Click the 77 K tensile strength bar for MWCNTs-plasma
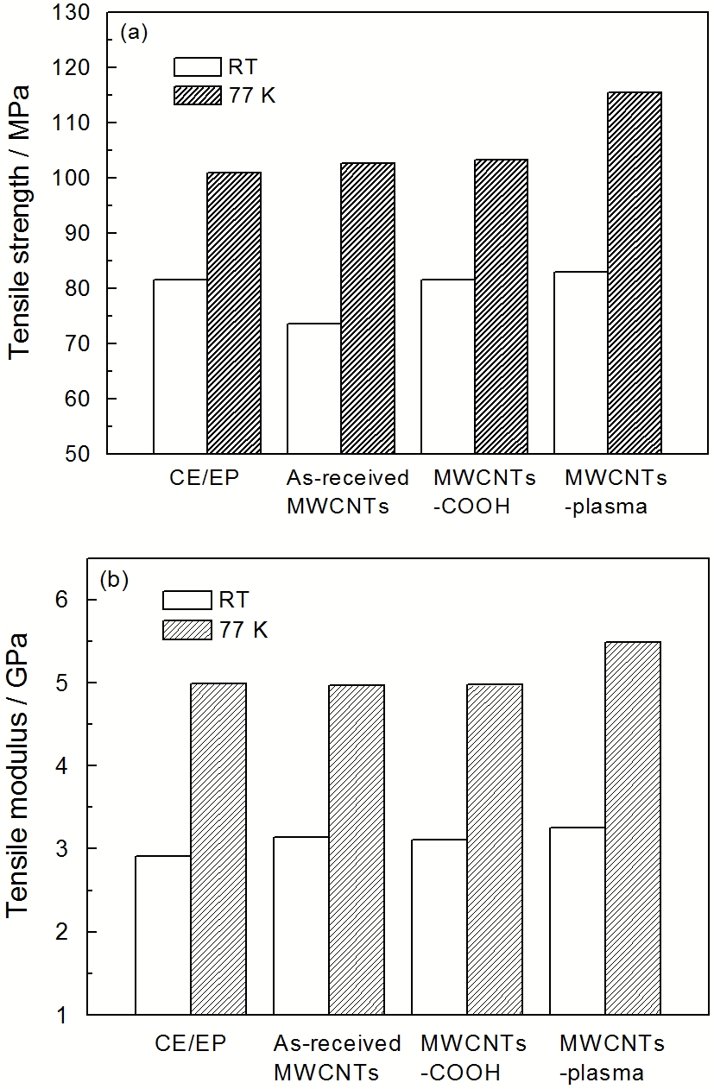635,273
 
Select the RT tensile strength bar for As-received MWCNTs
314,388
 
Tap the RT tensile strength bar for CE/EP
180,367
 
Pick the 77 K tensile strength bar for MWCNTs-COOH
501,307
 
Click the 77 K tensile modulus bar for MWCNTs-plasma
633,828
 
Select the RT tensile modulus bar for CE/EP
163,935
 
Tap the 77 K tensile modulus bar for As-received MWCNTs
357,850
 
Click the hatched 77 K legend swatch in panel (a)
198,95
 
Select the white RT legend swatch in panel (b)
187,600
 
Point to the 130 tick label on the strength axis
72,12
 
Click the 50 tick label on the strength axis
77,454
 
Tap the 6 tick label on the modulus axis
61,600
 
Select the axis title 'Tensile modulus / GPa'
17,776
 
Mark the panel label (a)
133,34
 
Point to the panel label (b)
114,580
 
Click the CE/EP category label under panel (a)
205,478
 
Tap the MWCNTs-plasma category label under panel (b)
612,1058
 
